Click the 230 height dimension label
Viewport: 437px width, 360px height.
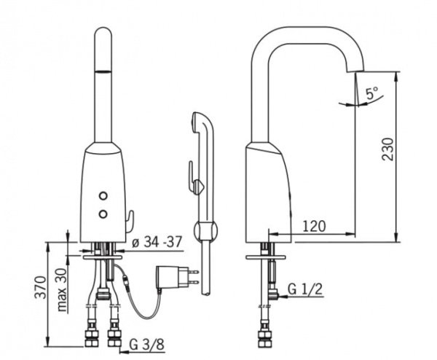coord(388,149)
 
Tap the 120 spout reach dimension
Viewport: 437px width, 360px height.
coord(314,227)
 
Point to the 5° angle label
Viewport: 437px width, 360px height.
coord(372,93)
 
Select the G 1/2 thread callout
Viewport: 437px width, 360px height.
coord(305,290)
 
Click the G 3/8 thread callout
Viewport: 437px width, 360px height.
coord(146,345)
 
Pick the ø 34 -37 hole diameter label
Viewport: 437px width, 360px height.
coord(157,242)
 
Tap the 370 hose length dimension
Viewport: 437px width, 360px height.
coord(40,287)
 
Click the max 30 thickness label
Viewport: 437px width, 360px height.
coord(62,289)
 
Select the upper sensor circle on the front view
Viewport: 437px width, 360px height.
coord(103,196)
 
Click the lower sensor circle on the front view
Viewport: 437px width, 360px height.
coord(103,214)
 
